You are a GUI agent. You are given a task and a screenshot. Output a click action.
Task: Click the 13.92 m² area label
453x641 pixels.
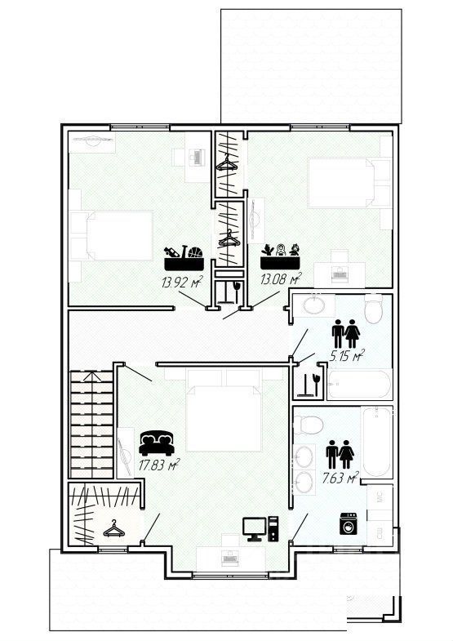tap(182, 282)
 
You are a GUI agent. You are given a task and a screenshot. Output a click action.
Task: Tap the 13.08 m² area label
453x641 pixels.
tap(281, 278)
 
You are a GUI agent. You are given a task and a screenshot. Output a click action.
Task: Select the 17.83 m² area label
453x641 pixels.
tap(159, 465)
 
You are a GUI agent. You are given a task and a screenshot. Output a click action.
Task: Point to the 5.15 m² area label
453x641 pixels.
tap(347, 356)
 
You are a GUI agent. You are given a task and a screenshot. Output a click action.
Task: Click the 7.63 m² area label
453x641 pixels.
tap(340, 477)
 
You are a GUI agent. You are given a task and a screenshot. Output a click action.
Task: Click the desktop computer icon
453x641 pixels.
tap(260, 529)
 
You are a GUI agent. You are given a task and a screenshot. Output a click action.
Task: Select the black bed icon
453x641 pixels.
tap(157, 443)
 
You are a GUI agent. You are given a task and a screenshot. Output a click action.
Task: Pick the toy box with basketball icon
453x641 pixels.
tap(184, 257)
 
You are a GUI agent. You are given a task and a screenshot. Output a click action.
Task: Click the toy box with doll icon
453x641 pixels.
tap(281, 256)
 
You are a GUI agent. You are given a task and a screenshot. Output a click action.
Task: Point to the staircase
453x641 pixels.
tap(91, 424)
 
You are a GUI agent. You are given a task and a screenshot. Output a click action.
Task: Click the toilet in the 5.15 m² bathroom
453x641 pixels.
tap(373, 309)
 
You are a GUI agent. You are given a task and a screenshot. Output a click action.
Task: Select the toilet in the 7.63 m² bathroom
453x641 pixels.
tap(309, 425)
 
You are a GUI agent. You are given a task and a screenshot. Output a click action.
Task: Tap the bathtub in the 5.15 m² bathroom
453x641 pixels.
tap(359, 384)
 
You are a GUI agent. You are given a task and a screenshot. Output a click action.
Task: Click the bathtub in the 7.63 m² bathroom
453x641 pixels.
tap(376, 442)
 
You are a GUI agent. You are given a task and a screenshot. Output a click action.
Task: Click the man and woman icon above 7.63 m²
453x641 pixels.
tap(340, 454)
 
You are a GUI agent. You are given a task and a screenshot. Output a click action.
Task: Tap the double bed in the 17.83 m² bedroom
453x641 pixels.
tap(224, 410)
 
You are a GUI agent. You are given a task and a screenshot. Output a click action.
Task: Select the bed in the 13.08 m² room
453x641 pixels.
tap(340, 183)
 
